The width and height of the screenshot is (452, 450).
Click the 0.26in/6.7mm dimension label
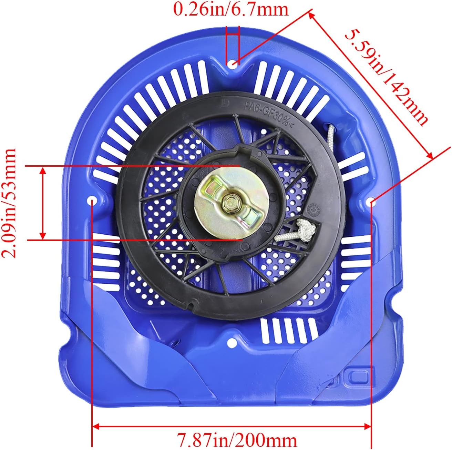click(x=231, y=10)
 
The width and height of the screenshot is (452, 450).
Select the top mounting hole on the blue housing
click(x=233, y=63)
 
